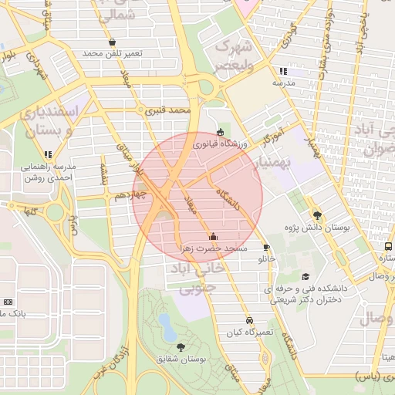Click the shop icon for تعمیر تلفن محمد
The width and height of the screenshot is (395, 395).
[113, 42]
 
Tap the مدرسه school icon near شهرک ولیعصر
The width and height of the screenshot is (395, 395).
[284, 71]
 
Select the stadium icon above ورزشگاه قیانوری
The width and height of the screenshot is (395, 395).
[222, 132]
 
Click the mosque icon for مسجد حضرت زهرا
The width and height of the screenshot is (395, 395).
[213, 236]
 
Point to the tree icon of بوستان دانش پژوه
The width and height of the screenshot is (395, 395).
[316, 215]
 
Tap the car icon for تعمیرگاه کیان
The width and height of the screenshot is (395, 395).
[249, 319]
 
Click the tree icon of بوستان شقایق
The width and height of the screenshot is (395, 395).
[181, 347]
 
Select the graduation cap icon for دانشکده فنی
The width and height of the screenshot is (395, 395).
[306, 276]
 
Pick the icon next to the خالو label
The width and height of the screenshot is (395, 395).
[267, 248]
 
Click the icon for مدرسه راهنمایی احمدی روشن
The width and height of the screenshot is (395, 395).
[49, 154]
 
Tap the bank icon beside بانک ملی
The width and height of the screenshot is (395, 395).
[8, 302]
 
